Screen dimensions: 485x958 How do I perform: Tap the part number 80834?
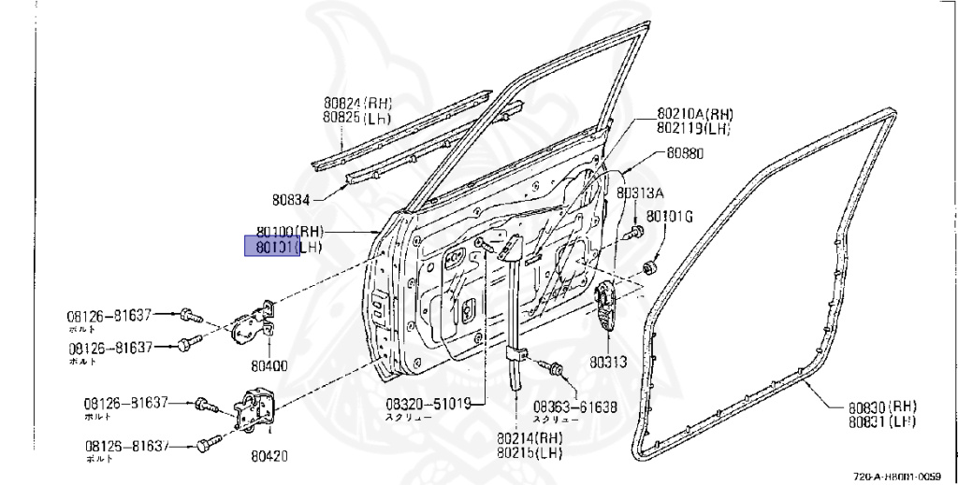click(291, 199)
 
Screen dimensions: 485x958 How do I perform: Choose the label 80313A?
click(639, 193)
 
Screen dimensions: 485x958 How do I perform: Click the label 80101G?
click(670, 218)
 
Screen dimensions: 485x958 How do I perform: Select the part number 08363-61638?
click(576, 407)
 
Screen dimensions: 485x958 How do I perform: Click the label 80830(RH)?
click(882, 407)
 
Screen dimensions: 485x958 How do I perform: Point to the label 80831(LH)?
click(882, 421)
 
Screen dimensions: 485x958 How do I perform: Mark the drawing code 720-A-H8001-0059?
click(903, 477)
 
